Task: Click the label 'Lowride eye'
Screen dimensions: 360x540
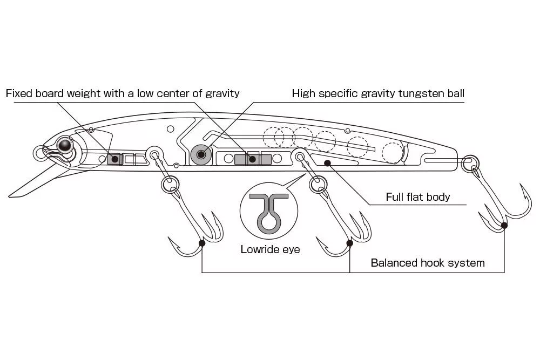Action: [270, 249]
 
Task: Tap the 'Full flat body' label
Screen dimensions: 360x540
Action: [417, 197]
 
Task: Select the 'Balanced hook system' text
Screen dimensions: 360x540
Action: [428, 263]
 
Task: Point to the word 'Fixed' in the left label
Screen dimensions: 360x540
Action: [19, 93]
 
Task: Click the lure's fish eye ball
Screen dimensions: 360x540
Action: [65, 145]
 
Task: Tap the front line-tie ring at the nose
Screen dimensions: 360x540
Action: [41, 153]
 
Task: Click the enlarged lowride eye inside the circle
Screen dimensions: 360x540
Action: [268, 214]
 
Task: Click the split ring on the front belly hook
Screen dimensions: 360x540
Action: [170, 185]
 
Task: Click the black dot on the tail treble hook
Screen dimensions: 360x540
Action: [504, 225]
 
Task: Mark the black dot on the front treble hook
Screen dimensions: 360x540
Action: [202, 243]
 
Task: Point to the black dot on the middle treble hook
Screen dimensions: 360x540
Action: [349, 243]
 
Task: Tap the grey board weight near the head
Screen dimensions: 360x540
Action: [114, 159]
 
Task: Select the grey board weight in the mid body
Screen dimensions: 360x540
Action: [252, 159]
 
